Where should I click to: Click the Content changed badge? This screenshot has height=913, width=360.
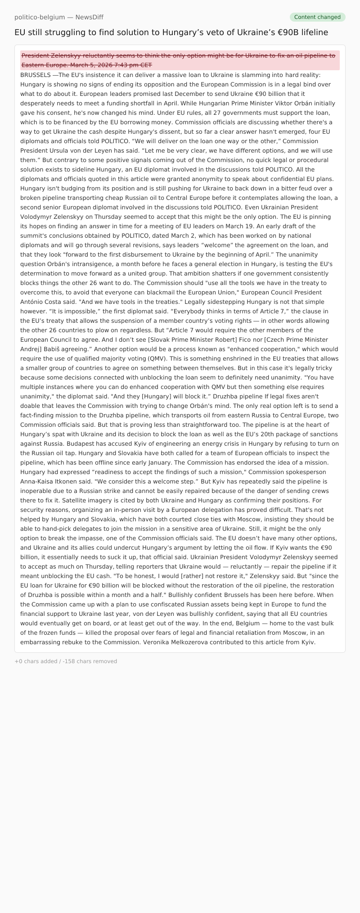(317, 17)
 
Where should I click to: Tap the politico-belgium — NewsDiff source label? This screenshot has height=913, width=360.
(59, 17)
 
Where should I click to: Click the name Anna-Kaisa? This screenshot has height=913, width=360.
(40, 481)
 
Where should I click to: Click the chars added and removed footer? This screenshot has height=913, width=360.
(66, 661)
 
